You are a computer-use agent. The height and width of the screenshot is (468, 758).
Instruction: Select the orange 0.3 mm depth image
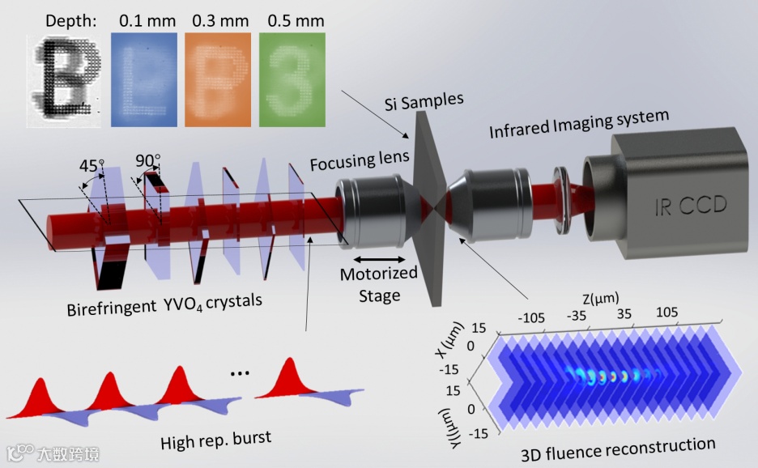[x=218, y=79]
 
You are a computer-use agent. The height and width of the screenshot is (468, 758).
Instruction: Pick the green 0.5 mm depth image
[x=292, y=79]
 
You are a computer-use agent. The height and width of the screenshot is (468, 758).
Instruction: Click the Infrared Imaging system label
[x=578, y=126]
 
